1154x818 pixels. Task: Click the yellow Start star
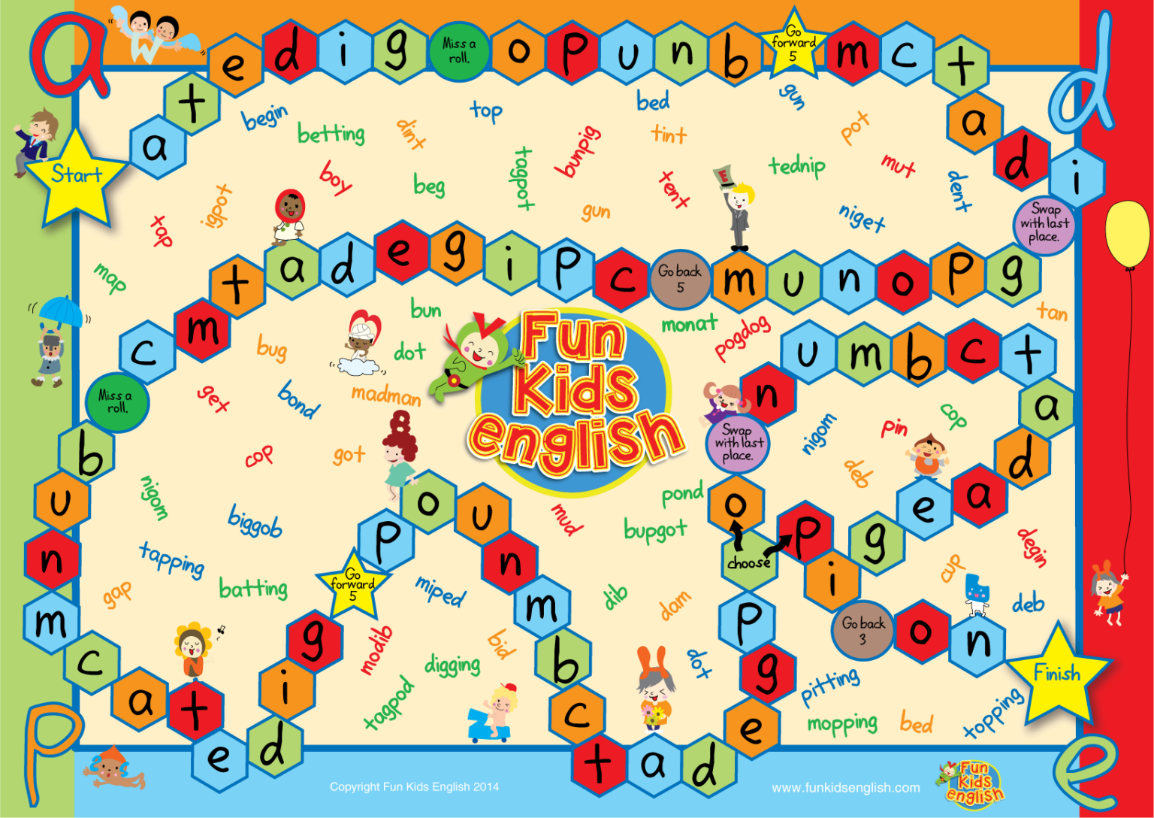[x=76, y=178]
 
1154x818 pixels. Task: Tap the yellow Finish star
[x=1057, y=672]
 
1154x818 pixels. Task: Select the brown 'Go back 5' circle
[x=680, y=278]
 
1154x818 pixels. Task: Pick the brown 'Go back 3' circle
[x=862, y=629]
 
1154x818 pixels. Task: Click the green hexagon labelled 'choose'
[x=748, y=559]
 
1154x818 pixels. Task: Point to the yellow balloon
[x=1127, y=233]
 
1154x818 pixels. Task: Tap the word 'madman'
[x=385, y=395]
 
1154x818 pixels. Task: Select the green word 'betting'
[x=331, y=134]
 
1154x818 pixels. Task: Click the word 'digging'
[x=452, y=665]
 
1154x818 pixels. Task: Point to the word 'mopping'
[x=842, y=723]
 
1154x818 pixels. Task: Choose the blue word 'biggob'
[x=255, y=521]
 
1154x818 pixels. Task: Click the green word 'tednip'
[x=796, y=165]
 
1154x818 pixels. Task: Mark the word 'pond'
[x=682, y=493]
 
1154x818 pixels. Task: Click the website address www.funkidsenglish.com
[x=845, y=788]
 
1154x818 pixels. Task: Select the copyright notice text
[x=414, y=787]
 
